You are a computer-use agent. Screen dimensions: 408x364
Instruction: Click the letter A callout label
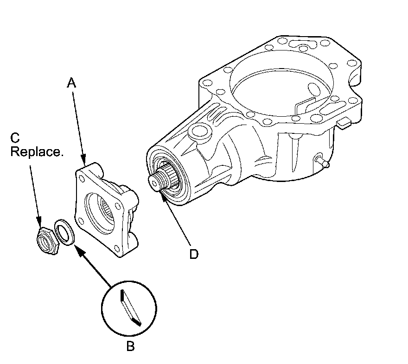tap(71, 83)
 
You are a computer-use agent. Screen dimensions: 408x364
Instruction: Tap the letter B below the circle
tap(130, 346)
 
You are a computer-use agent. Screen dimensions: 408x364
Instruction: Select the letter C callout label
tap(15, 138)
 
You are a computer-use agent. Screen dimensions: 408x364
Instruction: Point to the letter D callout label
tap(194, 254)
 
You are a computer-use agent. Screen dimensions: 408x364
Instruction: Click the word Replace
tap(37, 151)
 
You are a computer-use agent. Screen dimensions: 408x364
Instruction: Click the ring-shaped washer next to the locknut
tap(65, 232)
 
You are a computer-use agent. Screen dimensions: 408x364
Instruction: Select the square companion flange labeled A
tap(107, 209)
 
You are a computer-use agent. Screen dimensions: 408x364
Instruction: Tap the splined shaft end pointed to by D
tap(161, 178)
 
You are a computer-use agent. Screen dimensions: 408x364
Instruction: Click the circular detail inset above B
tap(129, 309)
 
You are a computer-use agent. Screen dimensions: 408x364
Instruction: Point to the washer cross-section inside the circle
tap(131, 308)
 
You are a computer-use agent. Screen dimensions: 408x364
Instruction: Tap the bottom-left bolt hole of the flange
tap(81, 221)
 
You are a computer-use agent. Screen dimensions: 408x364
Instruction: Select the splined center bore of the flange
tap(107, 209)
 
